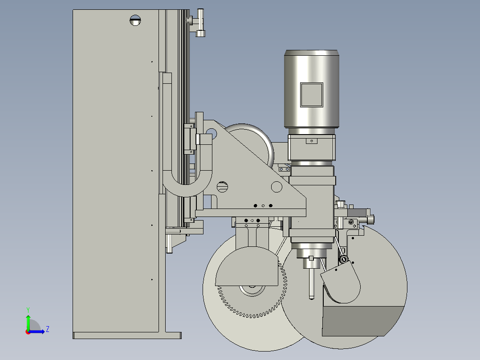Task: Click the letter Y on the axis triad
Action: pos(28,310)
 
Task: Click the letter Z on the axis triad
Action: pos(48,329)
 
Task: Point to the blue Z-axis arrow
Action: pos(37,331)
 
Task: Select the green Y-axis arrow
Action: pos(28,322)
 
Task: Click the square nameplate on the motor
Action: pos(312,95)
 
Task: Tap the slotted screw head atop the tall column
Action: pos(135,20)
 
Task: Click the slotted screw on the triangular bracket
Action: pos(222,187)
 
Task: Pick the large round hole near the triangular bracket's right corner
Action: pos(277,187)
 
